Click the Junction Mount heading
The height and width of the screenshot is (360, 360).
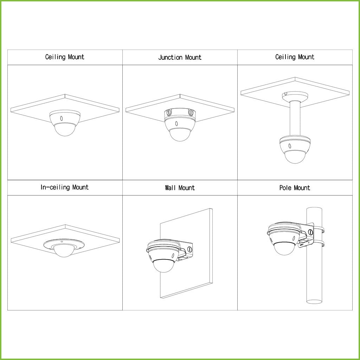pyautogui.click(x=180, y=57)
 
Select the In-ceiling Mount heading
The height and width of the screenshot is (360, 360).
pyautogui.click(x=65, y=187)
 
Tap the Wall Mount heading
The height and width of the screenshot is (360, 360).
pyautogui.click(x=180, y=188)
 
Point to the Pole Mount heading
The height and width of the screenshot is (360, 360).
pyautogui.click(x=295, y=188)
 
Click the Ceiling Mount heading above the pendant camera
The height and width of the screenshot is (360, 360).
pyautogui.click(x=295, y=57)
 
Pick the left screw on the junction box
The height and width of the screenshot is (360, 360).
pyautogui.click(x=168, y=113)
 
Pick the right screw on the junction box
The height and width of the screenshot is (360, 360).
pyautogui.click(x=191, y=113)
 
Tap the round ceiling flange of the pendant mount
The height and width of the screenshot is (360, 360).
pyautogui.click(x=295, y=95)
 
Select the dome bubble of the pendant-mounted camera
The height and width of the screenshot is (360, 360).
pyautogui.click(x=295, y=156)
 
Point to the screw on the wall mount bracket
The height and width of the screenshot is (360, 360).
pyautogui.click(x=189, y=249)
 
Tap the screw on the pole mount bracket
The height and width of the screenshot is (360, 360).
pyautogui.click(x=310, y=232)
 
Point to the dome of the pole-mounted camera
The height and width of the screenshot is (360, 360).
pyautogui.click(x=284, y=249)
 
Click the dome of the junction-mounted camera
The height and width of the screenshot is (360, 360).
pyautogui.click(x=180, y=134)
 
